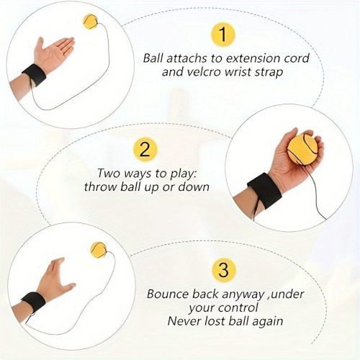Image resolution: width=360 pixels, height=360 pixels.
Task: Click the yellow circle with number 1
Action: point(223,35)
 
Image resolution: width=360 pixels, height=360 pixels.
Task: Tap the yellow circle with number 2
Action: point(145,150)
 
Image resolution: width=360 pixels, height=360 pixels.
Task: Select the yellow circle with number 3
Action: point(223,270)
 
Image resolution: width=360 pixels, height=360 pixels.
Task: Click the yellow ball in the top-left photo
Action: point(91,22)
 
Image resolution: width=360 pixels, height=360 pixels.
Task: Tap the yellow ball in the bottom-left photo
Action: point(99,249)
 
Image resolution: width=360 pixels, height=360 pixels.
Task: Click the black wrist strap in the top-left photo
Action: point(34,74)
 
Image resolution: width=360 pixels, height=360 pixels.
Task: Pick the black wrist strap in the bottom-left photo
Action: point(33,301)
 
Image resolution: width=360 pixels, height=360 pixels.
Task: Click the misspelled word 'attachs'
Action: point(186,58)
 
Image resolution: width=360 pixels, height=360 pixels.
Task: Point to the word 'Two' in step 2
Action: point(107,173)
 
